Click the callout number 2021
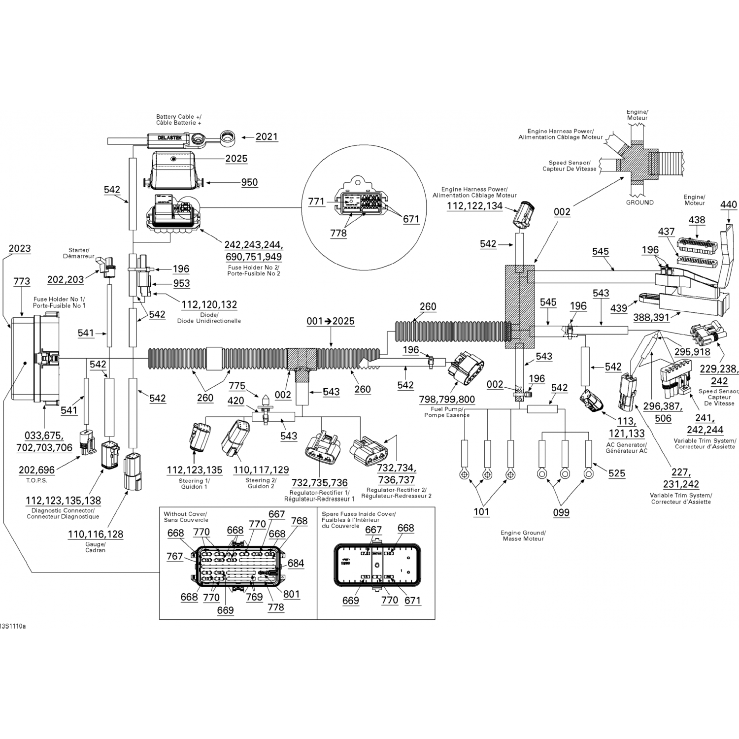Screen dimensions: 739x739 (x=267, y=137)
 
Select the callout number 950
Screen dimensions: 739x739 (x=249, y=182)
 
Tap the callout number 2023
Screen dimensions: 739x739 (x=20, y=248)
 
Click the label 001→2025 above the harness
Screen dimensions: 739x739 (x=330, y=321)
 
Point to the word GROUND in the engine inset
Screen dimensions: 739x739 (x=639, y=202)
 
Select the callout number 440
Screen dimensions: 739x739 (x=728, y=205)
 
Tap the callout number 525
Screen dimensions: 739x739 (x=616, y=473)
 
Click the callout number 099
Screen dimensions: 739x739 (x=561, y=512)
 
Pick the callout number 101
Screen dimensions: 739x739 (x=481, y=512)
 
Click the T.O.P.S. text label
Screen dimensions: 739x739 (x=36, y=480)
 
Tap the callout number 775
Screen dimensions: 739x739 (x=237, y=386)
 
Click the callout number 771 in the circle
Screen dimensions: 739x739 (x=316, y=201)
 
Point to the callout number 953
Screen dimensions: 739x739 (x=181, y=283)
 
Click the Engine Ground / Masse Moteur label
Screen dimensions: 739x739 (x=523, y=536)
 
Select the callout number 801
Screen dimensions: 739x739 (x=291, y=594)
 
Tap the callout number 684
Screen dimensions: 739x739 (x=296, y=563)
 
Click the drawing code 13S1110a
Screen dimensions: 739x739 (x=13, y=626)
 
